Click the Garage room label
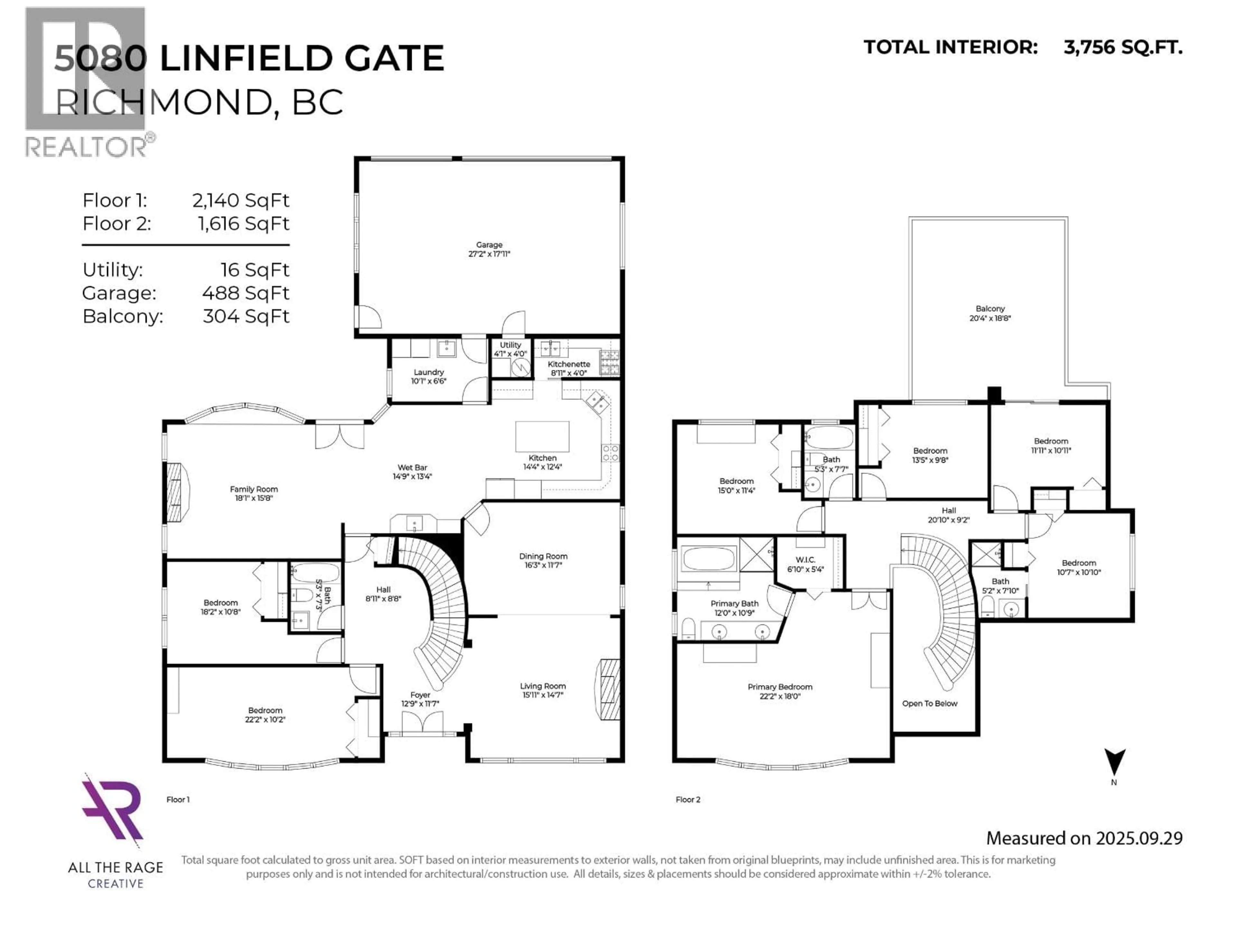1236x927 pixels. [x=489, y=245]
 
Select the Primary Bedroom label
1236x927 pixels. [x=780, y=687]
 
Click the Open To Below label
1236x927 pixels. [x=929, y=704]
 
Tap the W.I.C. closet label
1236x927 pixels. [x=805, y=560]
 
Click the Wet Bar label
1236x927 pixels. [x=412, y=468]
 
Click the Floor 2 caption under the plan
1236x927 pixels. [x=688, y=800]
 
